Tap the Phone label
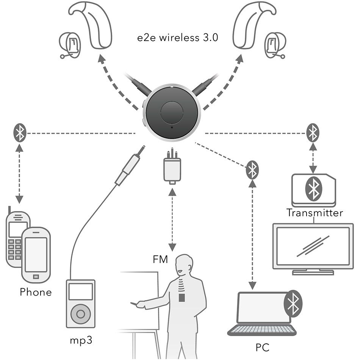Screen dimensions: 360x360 click(x=36, y=292)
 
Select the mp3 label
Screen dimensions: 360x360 click(x=81, y=340)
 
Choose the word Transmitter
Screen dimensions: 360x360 click(x=315, y=213)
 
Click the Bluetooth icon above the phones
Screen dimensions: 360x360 click(x=20, y=133)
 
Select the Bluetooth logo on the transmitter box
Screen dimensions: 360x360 click(x=313, y=188)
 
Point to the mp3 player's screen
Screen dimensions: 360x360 click(x=80, y=291)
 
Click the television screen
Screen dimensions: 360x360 click(x=313, y=246)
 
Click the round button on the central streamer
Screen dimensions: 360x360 click(x=172, y=113)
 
